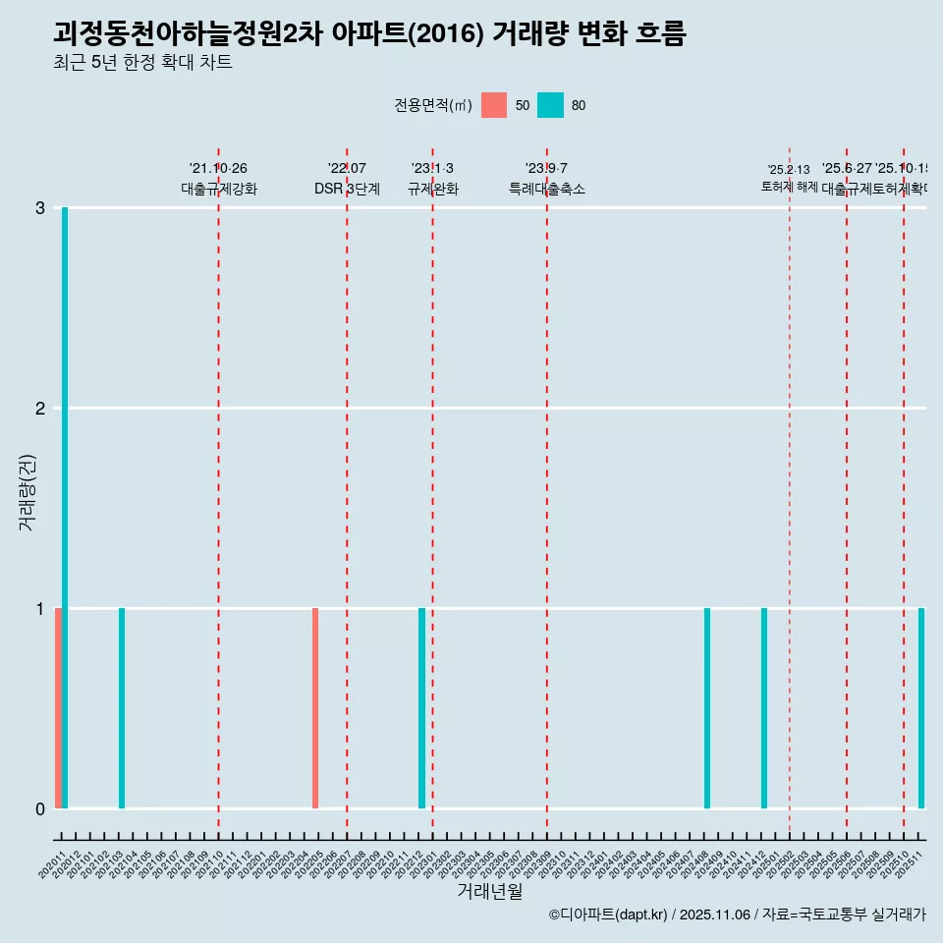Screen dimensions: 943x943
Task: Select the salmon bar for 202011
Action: pyautogui.click(x=58, y=708)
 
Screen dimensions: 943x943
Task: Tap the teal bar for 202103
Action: pyautogui.click(x=122, y=708)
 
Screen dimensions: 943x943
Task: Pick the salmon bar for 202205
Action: pyautogui.click(x=315, y=708)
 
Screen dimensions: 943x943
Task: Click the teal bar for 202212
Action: pyautogui.click(x=422, y=708)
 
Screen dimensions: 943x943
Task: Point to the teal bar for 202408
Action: pyautogui.click(x=707, y=708)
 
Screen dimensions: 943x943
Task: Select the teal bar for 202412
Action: pyautogui.click(x=764, y=708)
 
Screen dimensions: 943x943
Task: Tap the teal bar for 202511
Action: pyautogui.click(x=921, y=708)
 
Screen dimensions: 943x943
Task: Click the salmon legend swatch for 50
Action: pyautogui.click(x=494, y=105)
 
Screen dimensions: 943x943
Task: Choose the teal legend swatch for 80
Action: pyautogui.click(x=551, y=105)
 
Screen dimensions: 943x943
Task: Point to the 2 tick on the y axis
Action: pyautogui.click(x=40, y=408)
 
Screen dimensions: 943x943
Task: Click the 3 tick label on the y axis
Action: pyautogui.click(x=40, y=207)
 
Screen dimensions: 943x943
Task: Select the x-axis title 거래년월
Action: pyautogui.click(x=489, y=891)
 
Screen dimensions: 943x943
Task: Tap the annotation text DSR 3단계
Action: pyautogui.click(x=347, y=189)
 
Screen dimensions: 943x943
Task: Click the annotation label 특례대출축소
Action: pyautogui.click(x=546, y=189)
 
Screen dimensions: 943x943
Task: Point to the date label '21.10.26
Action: pyautogui.click(x=218, y=168)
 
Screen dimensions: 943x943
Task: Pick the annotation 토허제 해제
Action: pyautogui.click(x=789, y=186)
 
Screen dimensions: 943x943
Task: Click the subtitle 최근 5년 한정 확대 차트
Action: pyautogui.click(x=142, y=63)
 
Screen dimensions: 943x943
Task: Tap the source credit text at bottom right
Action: pyautogui.click(x=737, y=915)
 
